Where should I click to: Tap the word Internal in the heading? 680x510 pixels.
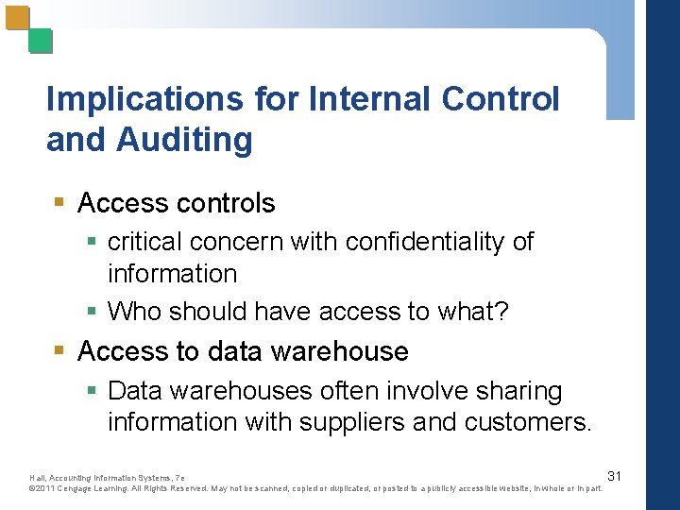click(364, 99)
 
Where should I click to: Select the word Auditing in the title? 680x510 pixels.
click(184, 140)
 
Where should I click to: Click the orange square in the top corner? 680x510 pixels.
click(17, 17)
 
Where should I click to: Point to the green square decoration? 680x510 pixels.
click(41, 41)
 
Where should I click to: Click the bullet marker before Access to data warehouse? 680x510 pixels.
click(59, 351)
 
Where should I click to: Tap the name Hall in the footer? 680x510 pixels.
click(38, 478)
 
